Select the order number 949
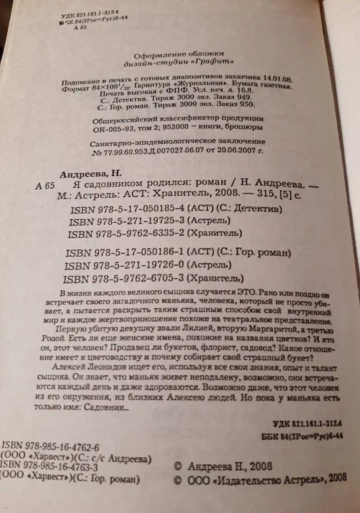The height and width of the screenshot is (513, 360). pos(245,98)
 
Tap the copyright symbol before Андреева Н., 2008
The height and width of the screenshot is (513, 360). pos(179,467)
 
